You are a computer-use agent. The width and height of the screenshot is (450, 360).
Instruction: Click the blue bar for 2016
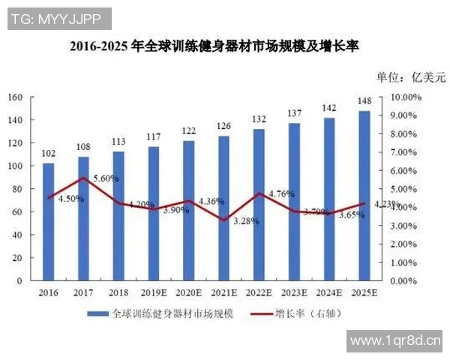[48, 221]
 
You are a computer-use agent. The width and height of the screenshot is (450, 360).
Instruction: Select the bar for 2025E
[364, 196]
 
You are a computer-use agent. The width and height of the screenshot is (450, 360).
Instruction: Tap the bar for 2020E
[188, 210]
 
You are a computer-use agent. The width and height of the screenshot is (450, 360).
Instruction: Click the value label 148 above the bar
[364, 102]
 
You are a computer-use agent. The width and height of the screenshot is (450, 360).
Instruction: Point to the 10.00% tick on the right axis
[406, 97]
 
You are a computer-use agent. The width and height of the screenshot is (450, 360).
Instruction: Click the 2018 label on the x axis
[118, 292]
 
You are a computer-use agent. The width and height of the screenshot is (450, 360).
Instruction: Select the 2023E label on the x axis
[294, 292]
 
